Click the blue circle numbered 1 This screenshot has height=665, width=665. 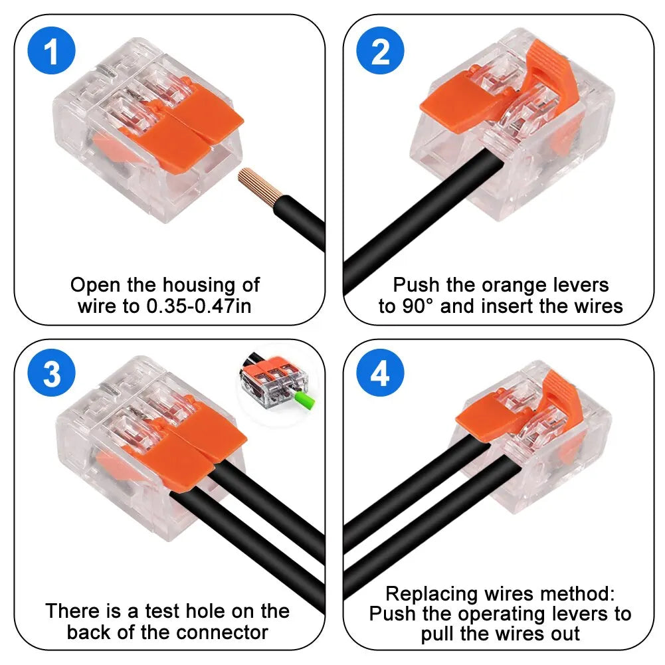52,52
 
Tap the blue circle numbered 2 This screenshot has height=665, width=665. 380,52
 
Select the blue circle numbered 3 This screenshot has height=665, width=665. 52,375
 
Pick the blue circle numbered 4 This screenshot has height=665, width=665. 380,375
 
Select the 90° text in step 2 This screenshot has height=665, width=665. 415,306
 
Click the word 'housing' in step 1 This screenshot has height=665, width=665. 191,285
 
